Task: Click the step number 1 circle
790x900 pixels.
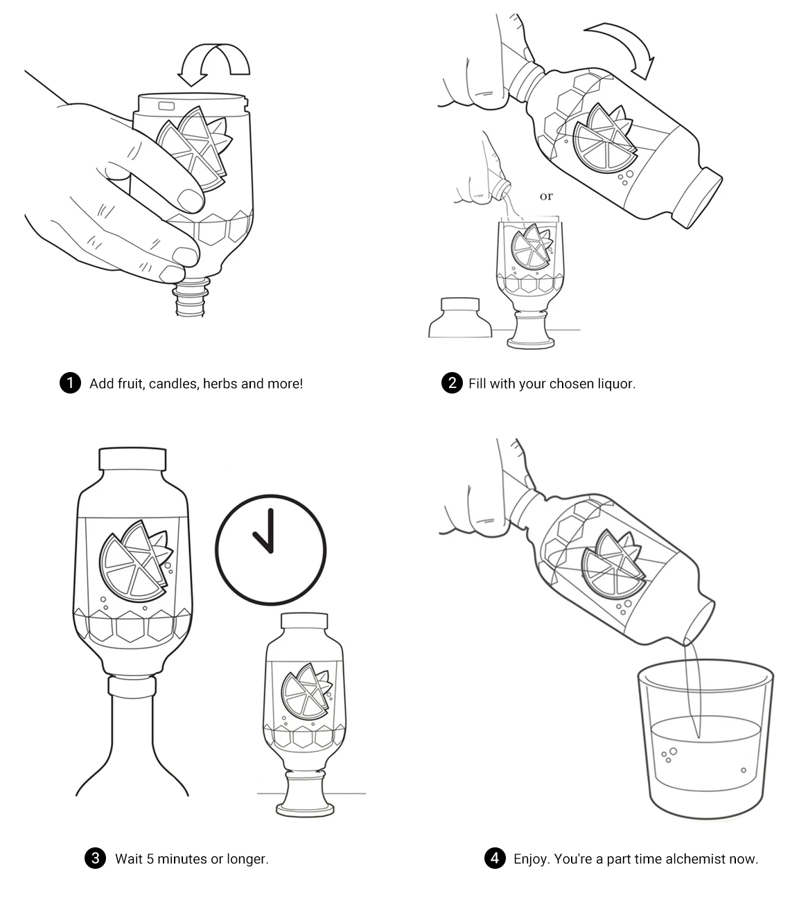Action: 70,382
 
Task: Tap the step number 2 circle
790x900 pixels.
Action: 452,382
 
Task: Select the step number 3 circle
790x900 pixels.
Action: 95,858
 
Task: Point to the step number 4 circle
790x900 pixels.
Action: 495,858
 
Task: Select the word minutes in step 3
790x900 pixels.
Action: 182,858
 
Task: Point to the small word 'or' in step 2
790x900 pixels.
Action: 546,196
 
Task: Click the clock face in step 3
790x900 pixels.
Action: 270,549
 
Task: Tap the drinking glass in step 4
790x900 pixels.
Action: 705,739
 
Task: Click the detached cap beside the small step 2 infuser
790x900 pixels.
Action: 460,317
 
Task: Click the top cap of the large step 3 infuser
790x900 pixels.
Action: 132,459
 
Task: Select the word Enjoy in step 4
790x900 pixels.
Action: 531,859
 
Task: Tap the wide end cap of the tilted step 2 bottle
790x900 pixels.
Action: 696,197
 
